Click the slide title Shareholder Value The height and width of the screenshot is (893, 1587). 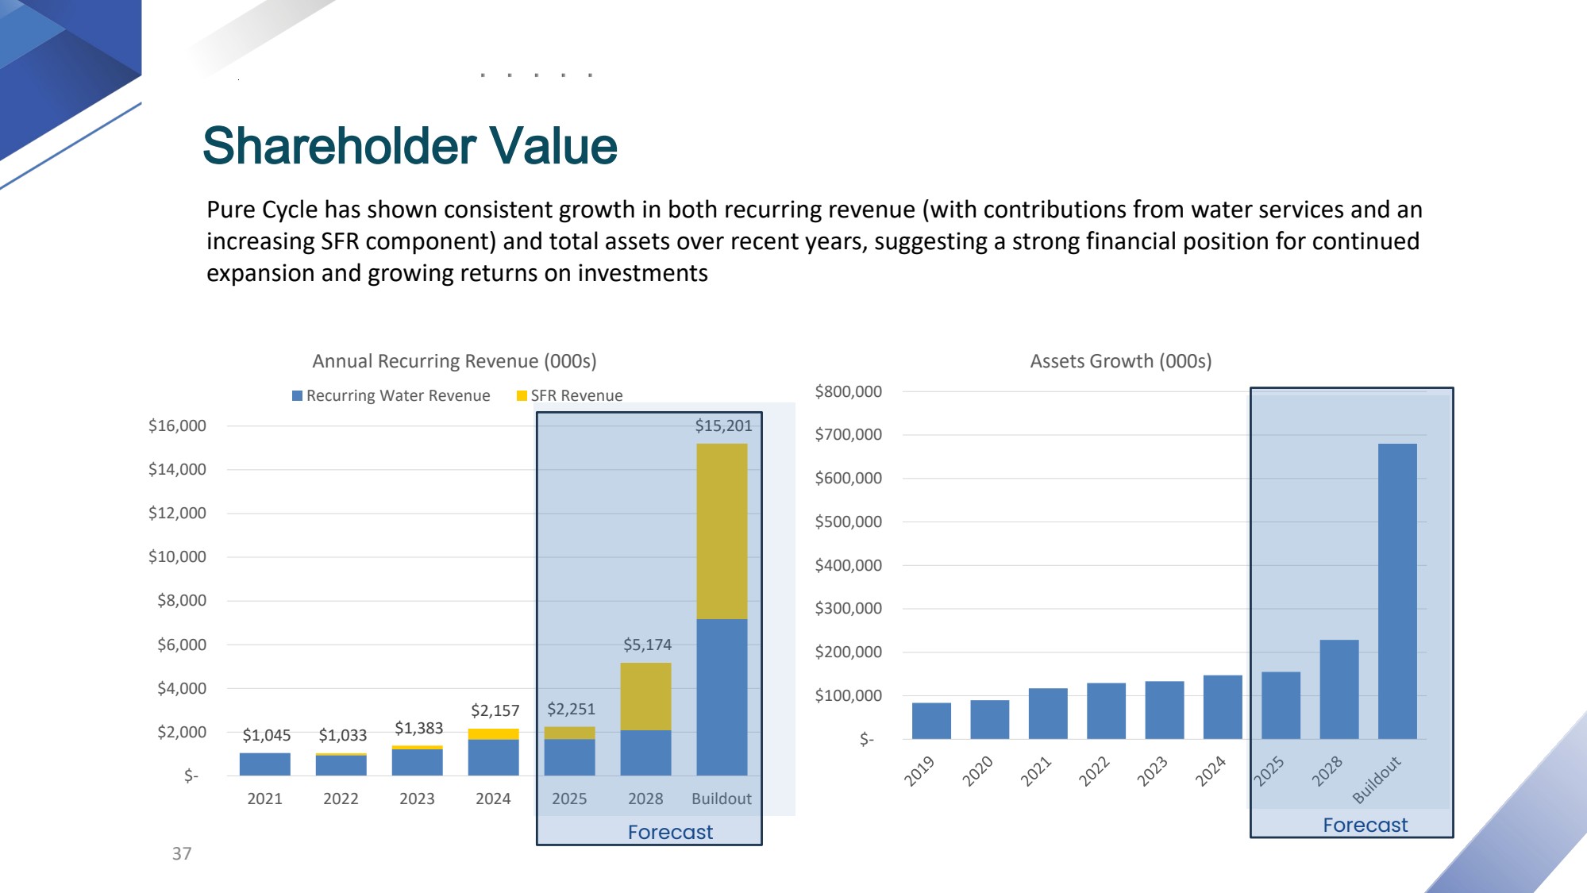pos(410,146)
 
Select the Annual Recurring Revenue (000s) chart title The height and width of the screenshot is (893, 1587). pos(454,361)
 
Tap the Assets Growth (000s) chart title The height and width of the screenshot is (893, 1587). pos(1120,361)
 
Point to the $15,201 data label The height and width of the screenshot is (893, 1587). pos(723,425)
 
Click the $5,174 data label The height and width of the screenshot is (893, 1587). pos(647,645)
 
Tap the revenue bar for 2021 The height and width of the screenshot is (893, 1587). pos(264,764)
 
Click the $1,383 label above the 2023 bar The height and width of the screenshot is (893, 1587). pos(418,728)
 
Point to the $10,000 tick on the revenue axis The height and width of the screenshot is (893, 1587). pos(177,556)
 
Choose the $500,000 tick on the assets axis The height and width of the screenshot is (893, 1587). pos(848,522)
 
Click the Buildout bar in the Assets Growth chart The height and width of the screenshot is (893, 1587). pos(1397,591)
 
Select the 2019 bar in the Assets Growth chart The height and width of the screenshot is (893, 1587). pos(931,721)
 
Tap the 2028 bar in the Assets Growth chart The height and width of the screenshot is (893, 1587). pos(1339,689)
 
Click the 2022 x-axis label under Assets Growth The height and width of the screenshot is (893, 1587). pos(1093,771)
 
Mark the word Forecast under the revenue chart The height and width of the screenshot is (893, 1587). pos(670,832)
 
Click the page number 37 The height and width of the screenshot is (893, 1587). pos(182,853)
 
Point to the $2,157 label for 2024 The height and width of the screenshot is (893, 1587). pos(495,710)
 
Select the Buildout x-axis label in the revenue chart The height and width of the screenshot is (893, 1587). pos(721,799)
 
